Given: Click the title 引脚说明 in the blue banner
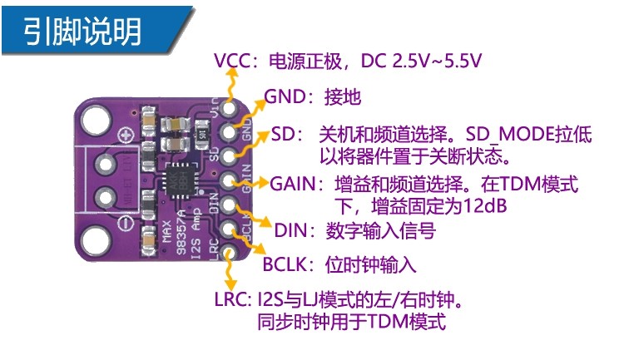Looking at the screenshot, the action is (x=82, y=31).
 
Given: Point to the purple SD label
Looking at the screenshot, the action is (x=283, y=134).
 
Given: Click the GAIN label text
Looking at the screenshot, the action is (x=293, y=184).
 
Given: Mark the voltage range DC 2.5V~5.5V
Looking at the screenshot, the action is (x=421, y=61).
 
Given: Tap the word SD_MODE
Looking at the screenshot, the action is (x=510, y=135).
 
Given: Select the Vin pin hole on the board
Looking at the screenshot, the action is (x=229, y=107).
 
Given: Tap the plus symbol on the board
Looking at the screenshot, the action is (x=126, y=135).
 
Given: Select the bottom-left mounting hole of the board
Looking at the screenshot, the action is (x=96, y=240).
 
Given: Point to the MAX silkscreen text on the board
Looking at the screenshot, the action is (x=167, y=231).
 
